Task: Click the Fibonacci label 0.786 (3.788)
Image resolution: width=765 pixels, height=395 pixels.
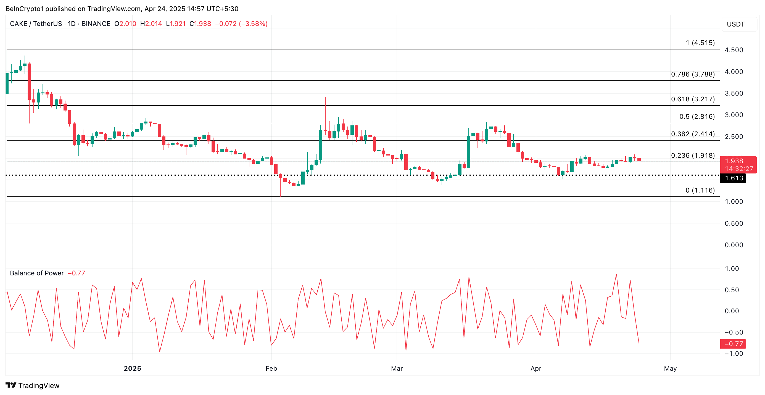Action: (693, 74)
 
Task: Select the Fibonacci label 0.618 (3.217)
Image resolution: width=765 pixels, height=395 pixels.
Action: (693, 99)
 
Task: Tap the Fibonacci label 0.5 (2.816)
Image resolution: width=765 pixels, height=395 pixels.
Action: (697, 116)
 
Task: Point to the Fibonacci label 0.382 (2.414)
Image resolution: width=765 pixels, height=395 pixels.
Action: (693, 134)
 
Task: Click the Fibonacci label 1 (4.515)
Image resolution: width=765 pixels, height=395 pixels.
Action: (700, 43)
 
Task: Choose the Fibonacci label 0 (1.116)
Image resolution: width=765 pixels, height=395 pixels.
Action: (700, 190)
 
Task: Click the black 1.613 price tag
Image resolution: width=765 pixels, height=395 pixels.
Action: (734, 178)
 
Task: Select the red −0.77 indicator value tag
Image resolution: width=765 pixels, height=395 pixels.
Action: (733, 344)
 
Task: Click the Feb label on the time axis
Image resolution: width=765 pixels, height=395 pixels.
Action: (271, 368)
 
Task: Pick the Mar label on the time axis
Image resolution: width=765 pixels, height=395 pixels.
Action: (397, 368)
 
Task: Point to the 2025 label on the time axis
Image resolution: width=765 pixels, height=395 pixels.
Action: (133, 368)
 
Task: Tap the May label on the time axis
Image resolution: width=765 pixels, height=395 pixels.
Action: (670, 368)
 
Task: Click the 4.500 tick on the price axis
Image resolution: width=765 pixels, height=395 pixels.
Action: (734, 50)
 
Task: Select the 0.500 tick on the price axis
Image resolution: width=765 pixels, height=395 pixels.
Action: (734, 223)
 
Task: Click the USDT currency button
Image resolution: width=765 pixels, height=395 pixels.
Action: (736, 24)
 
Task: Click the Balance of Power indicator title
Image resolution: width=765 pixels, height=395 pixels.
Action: (37, 273)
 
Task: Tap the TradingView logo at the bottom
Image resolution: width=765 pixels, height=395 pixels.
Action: (33, 386)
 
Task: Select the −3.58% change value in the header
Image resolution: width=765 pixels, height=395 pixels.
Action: (253, 24)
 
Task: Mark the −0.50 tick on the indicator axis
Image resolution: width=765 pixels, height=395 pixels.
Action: (734, 332)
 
